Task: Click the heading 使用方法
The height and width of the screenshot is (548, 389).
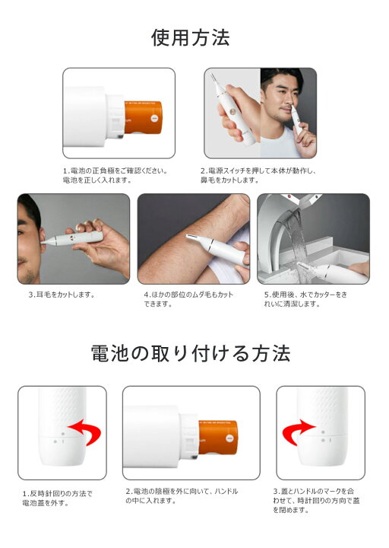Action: (191, 38)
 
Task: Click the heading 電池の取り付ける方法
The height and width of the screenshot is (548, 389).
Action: (191, 353)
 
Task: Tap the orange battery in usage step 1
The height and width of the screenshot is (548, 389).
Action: (143, 117)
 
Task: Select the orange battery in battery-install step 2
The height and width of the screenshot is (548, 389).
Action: (218, 437)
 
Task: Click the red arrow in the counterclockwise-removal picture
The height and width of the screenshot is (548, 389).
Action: (86, 431)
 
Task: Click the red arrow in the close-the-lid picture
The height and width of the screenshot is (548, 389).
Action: (296, 432)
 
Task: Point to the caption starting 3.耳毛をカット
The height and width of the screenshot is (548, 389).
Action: (62, 295)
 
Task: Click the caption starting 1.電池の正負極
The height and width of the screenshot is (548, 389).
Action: (115, 176)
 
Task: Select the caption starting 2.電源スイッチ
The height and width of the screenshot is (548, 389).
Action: (258, 176)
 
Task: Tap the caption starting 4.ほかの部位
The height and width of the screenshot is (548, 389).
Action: (188, 299)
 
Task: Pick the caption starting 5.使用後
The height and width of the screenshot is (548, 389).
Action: (305, 299)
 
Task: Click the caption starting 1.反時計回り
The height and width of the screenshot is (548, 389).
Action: (58, 499)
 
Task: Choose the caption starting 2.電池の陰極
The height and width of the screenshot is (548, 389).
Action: (182, 496)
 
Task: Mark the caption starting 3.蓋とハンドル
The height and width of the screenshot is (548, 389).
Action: (316, 501)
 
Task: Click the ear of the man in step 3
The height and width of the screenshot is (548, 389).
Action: (43, 237)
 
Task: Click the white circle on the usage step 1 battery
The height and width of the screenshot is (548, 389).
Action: (154, 118)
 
